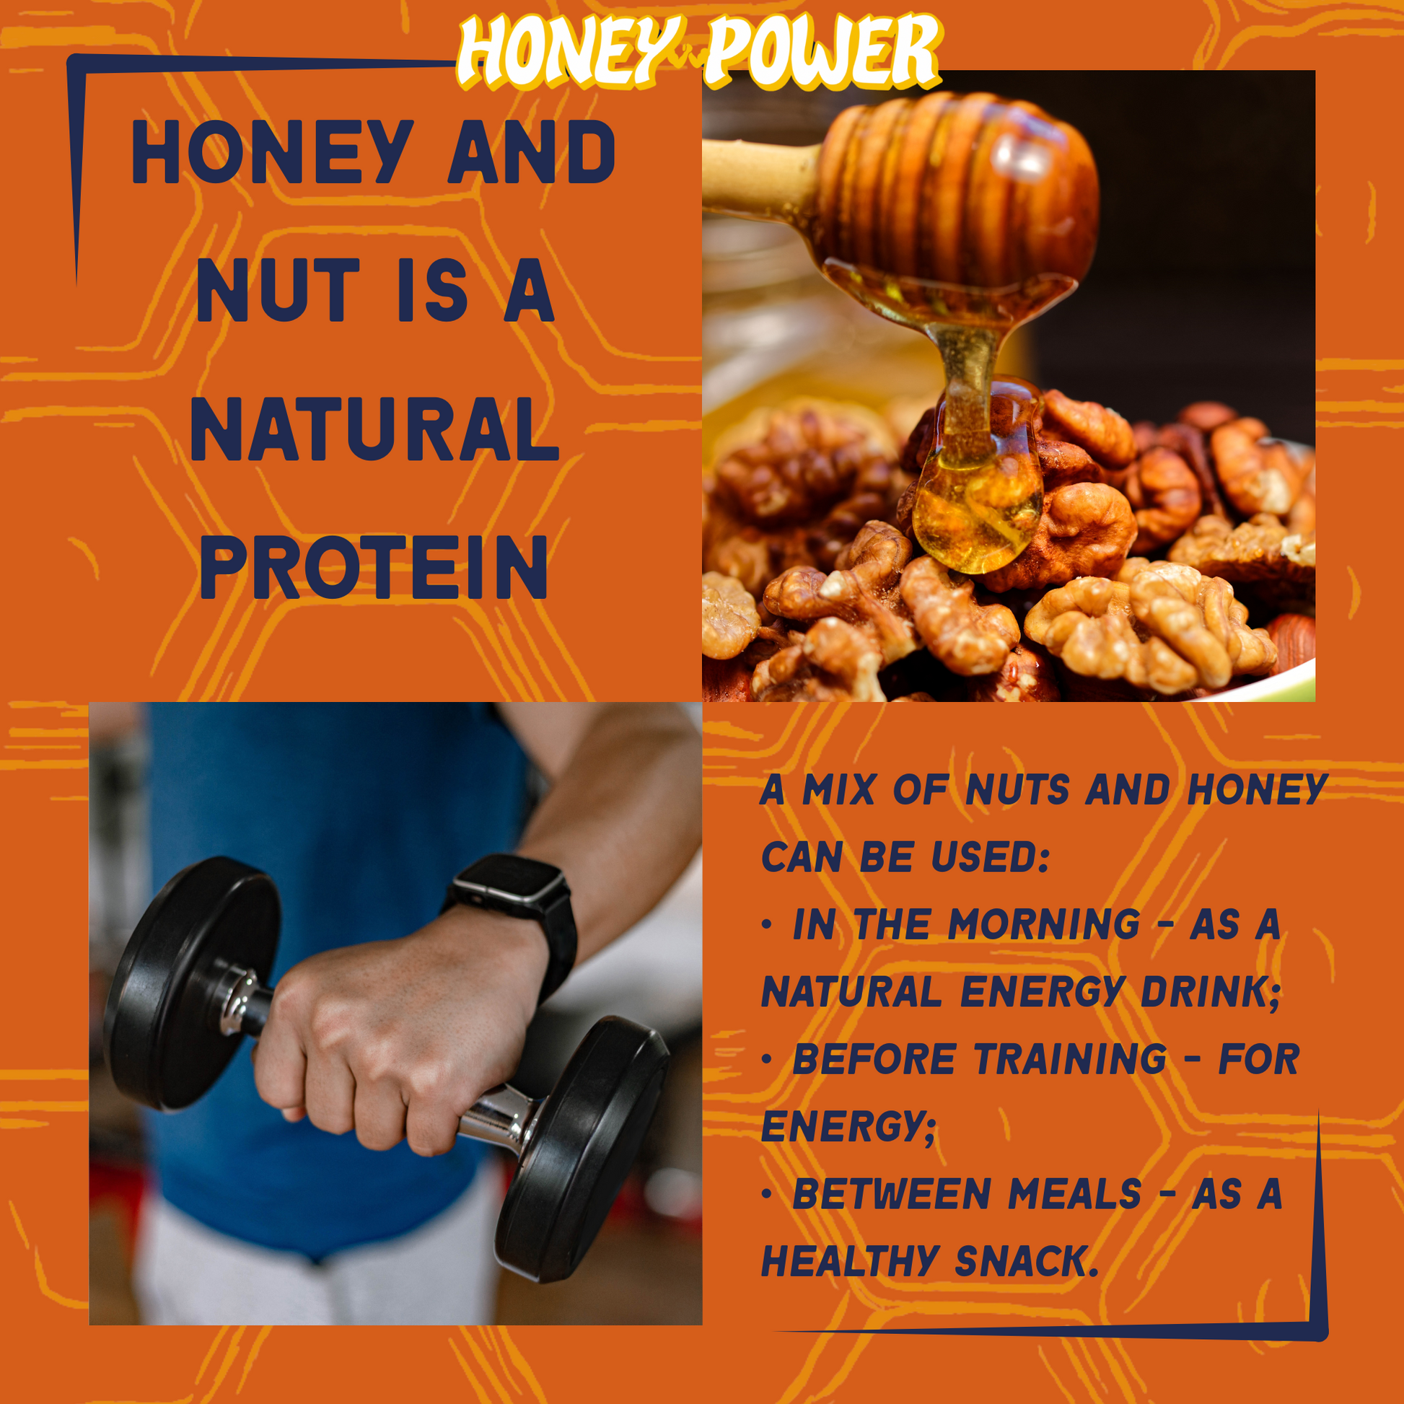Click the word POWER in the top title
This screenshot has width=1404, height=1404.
(x=823, y=51)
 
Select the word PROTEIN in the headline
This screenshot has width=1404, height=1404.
(x=374, y=568)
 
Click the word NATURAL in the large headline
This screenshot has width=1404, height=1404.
(x=374, y=429)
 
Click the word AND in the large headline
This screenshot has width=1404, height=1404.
(x=532, y=152)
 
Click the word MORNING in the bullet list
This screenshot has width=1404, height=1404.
(x=1043, y=924)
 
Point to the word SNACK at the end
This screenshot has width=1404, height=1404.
(x=1026, y=1262)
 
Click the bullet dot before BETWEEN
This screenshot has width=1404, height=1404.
(x=767, y=1194)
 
